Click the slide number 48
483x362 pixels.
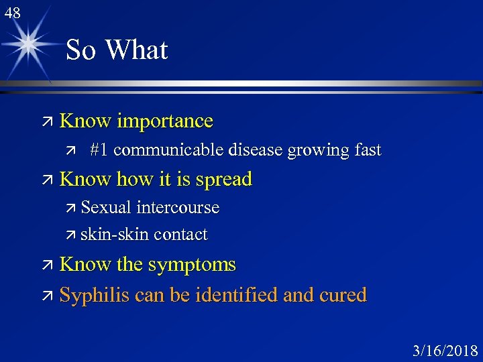pos(11,12)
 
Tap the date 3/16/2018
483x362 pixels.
pos(444,351)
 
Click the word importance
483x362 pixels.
pos(164,121)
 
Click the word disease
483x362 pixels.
pos(256,150)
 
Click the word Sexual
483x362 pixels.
pos(106,208)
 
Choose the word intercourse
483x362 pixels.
pos(177,208)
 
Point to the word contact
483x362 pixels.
pos(180,235)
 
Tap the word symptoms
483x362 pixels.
pos(192,265)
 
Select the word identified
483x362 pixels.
pos(236,295)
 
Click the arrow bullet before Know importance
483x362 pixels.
pos(47,122)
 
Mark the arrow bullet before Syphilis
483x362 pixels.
pos(47,296)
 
